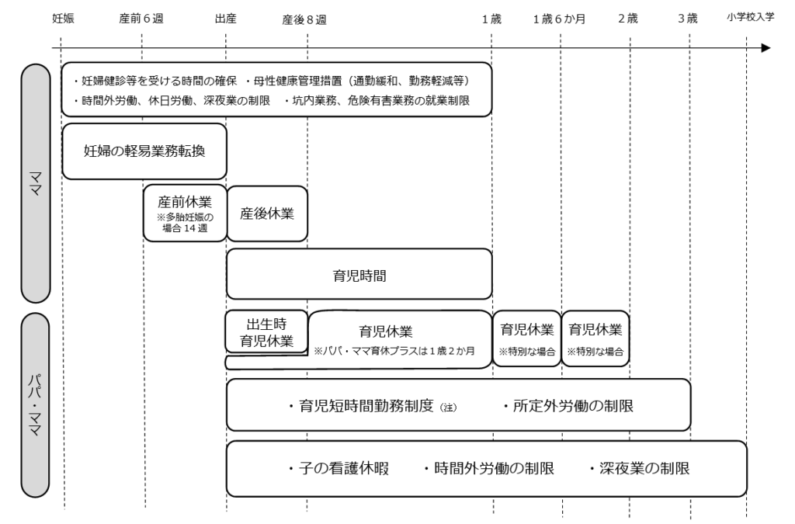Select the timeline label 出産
(x=225, y=19)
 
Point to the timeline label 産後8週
(x=304, y=19)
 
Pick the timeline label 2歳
(x=628, y=19)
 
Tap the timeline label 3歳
(x=688, y=19)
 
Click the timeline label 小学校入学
(x=751, y=17)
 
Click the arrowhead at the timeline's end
(x=766, y=48)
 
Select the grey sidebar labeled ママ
(x=35, y=183)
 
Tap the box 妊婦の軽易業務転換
(x=144, y=151)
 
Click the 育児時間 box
(x=359, y=274)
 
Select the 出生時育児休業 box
(x=266, y=331)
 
